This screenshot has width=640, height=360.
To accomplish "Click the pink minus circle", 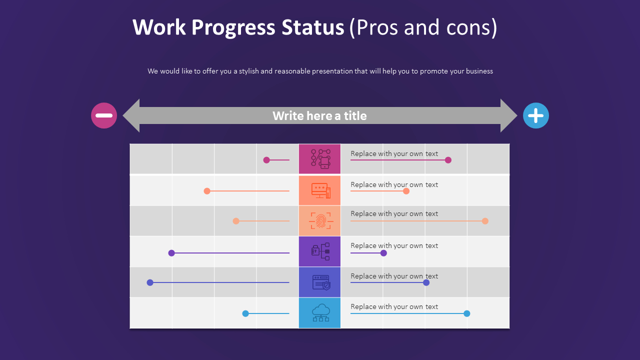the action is [x=104, y=115].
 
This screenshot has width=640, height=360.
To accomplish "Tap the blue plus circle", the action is [x=535, y=115].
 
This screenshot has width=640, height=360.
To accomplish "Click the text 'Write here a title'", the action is [x=319, y=115].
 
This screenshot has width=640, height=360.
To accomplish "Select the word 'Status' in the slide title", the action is [x=312, y=27].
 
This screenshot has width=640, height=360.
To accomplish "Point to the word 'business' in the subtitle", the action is [x=479, y=71].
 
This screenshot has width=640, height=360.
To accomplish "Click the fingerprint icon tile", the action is [x=319, y=221].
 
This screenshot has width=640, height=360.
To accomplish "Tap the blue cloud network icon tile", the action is [x=319, y=313].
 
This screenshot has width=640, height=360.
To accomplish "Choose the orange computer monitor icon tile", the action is [x=319, y=190].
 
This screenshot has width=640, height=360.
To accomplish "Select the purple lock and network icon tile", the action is [x=319, y=251].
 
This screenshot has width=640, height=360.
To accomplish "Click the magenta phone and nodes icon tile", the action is [x=319, y=159].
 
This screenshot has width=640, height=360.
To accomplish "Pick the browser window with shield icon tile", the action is [x=319, y=282].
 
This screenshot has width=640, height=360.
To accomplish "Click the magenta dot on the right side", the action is [x=448, y=160].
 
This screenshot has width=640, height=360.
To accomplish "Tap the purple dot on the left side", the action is [x=171, y=253].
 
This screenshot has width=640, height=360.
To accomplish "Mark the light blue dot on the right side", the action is [x=467, y=313].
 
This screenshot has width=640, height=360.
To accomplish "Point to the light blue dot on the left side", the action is [x=245, y=313].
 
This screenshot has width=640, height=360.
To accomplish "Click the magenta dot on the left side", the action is [x=266, y=160].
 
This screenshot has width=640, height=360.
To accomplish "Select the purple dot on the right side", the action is [x=383, y=253].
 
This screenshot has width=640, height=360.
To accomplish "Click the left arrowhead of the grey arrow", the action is [x=131, y=115].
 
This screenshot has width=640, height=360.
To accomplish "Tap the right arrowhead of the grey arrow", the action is [x=508, y=115].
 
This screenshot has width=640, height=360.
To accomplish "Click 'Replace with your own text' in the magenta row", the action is [x=394, y=153].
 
